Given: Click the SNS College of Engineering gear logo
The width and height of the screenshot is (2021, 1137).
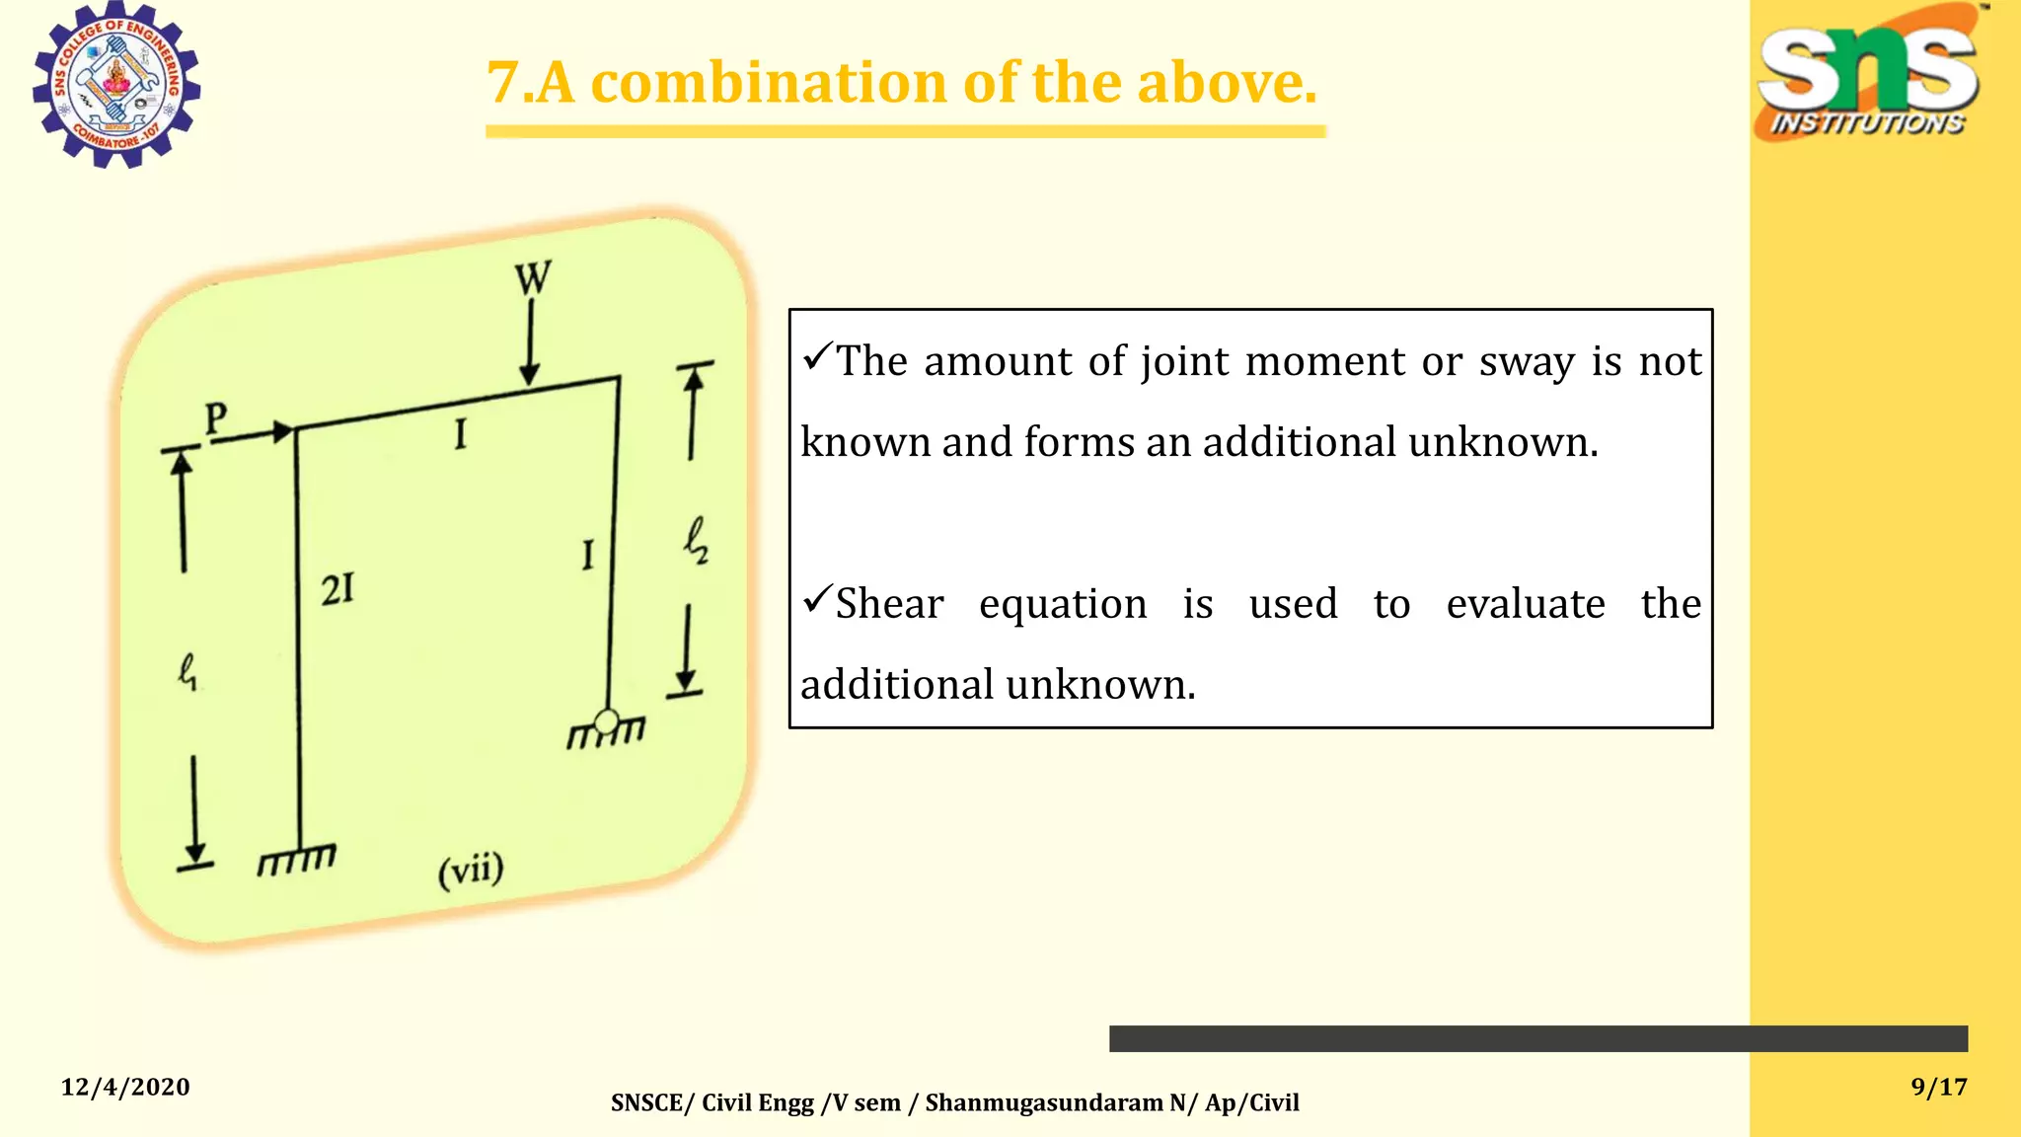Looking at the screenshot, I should click(x=116, y=85).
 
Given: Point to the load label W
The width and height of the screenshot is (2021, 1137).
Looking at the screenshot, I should click(x=533, y=278).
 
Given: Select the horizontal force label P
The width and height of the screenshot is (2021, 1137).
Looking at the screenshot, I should click(x=216, y=418).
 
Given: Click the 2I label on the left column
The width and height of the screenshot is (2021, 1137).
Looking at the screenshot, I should click(x=337, y=590).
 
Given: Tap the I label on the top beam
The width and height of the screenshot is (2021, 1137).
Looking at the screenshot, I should click(x=460, y=434).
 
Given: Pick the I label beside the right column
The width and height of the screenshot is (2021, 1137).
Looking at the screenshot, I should click(x=588, y=555).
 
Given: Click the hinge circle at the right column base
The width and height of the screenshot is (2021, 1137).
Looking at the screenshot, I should click(x=607, y=720).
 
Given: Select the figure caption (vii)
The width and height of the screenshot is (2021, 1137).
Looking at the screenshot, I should click(x=471, y=871).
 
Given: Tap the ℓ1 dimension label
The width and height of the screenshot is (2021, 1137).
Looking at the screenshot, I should click(x=187, y=673).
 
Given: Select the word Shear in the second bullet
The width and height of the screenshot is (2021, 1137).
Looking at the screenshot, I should click(x=889, y=604).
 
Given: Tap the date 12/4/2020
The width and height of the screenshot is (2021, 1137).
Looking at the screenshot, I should click(x=125, y=1087).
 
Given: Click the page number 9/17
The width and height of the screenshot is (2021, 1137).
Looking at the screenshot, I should click(x=1939, y=1087).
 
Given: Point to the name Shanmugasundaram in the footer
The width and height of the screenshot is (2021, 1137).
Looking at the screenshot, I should click(x=1044, y=1102).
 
